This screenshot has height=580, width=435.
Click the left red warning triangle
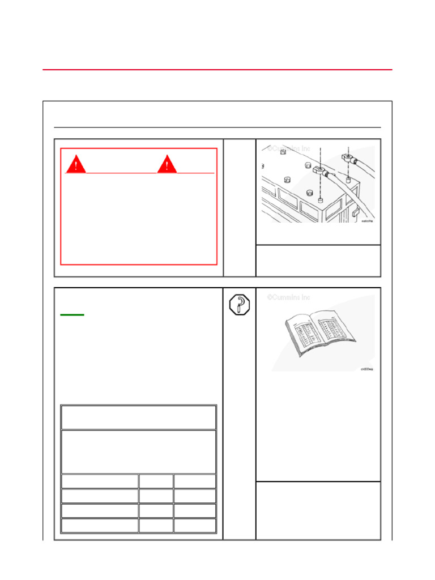coord(76,164)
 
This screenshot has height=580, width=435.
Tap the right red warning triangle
coord(167,164)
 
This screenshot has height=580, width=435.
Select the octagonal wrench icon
coord(239,306)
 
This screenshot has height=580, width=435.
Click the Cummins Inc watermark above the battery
coord(289,148)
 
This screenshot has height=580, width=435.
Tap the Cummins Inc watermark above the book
coord(289,297)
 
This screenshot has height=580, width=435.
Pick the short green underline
coord(72,314)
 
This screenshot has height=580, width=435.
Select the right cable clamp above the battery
coord(347,153)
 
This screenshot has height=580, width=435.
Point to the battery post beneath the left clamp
coord(321,200)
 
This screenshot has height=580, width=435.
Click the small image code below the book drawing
coord(367,369)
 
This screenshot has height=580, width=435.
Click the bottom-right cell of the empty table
coord(195,526)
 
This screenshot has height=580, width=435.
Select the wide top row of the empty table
coord(139,417)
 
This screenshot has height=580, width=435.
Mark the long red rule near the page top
coord(217,70)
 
